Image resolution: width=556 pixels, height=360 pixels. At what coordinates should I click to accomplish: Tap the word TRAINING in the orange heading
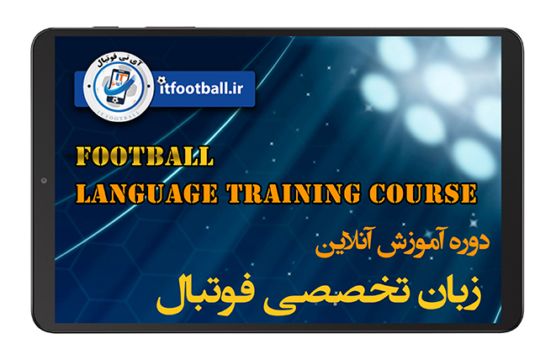[297, 192]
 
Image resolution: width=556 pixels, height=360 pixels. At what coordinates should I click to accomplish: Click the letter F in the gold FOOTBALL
[84, 157]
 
